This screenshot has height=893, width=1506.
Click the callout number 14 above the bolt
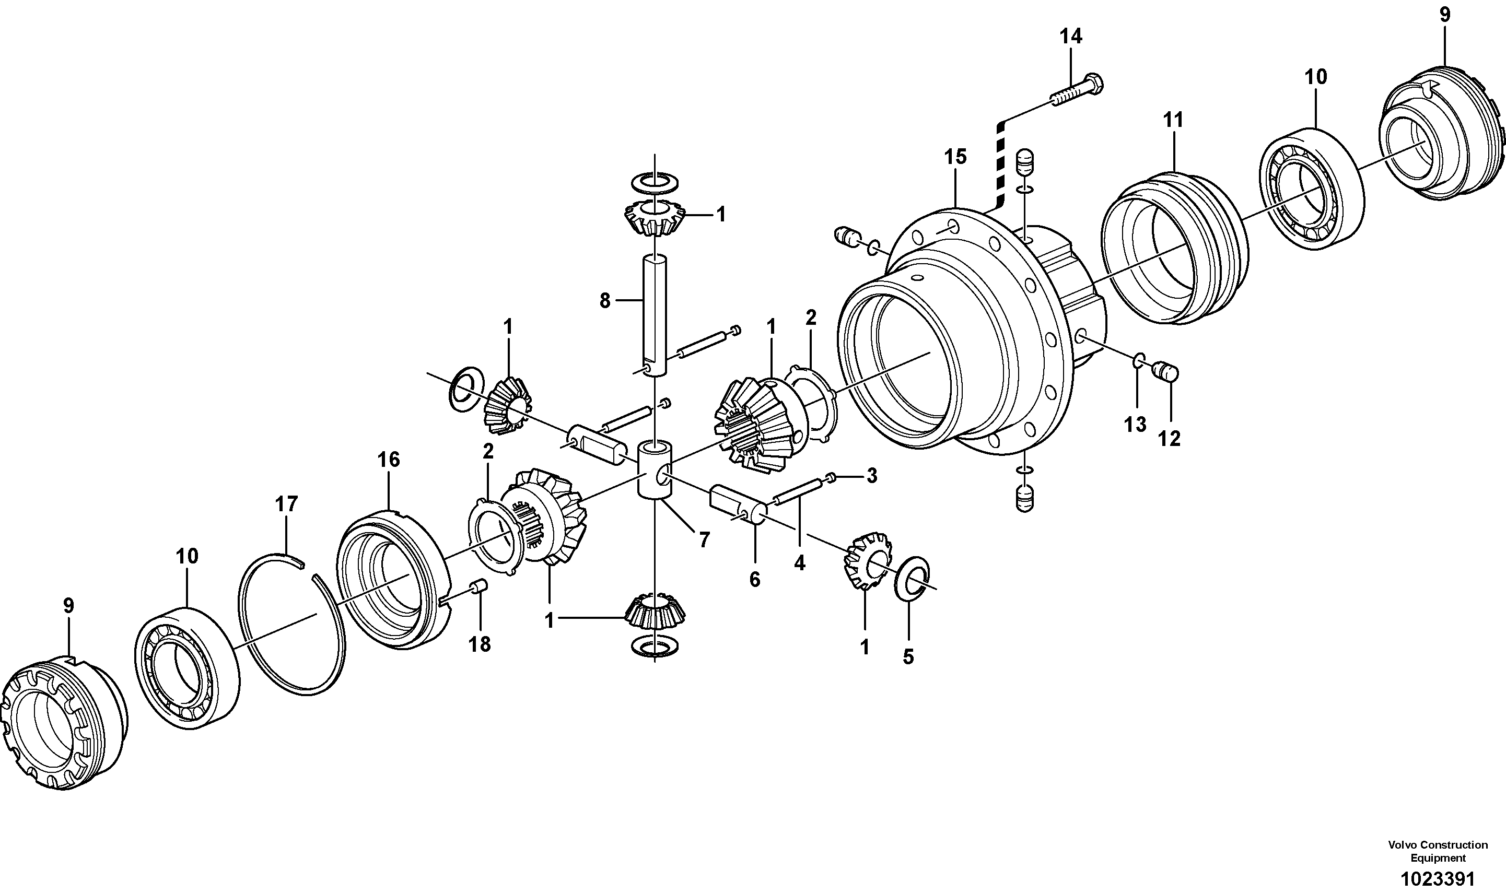pyautogui.click(x=1071, y=37)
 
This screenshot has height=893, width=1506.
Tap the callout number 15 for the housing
pyautogui.click(x=955, y=157)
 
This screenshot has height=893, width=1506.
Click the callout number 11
pyautogui.click(x=1173, y=120)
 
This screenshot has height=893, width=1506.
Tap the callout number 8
pyautogui.click(x=605, y=300)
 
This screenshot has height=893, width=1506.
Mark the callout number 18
pyautogui.click(x=480, y=644)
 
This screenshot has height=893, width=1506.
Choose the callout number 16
pyautogui.click(x=389, y=460)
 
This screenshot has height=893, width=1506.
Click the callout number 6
pyautogui.click(x=755, y=580)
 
